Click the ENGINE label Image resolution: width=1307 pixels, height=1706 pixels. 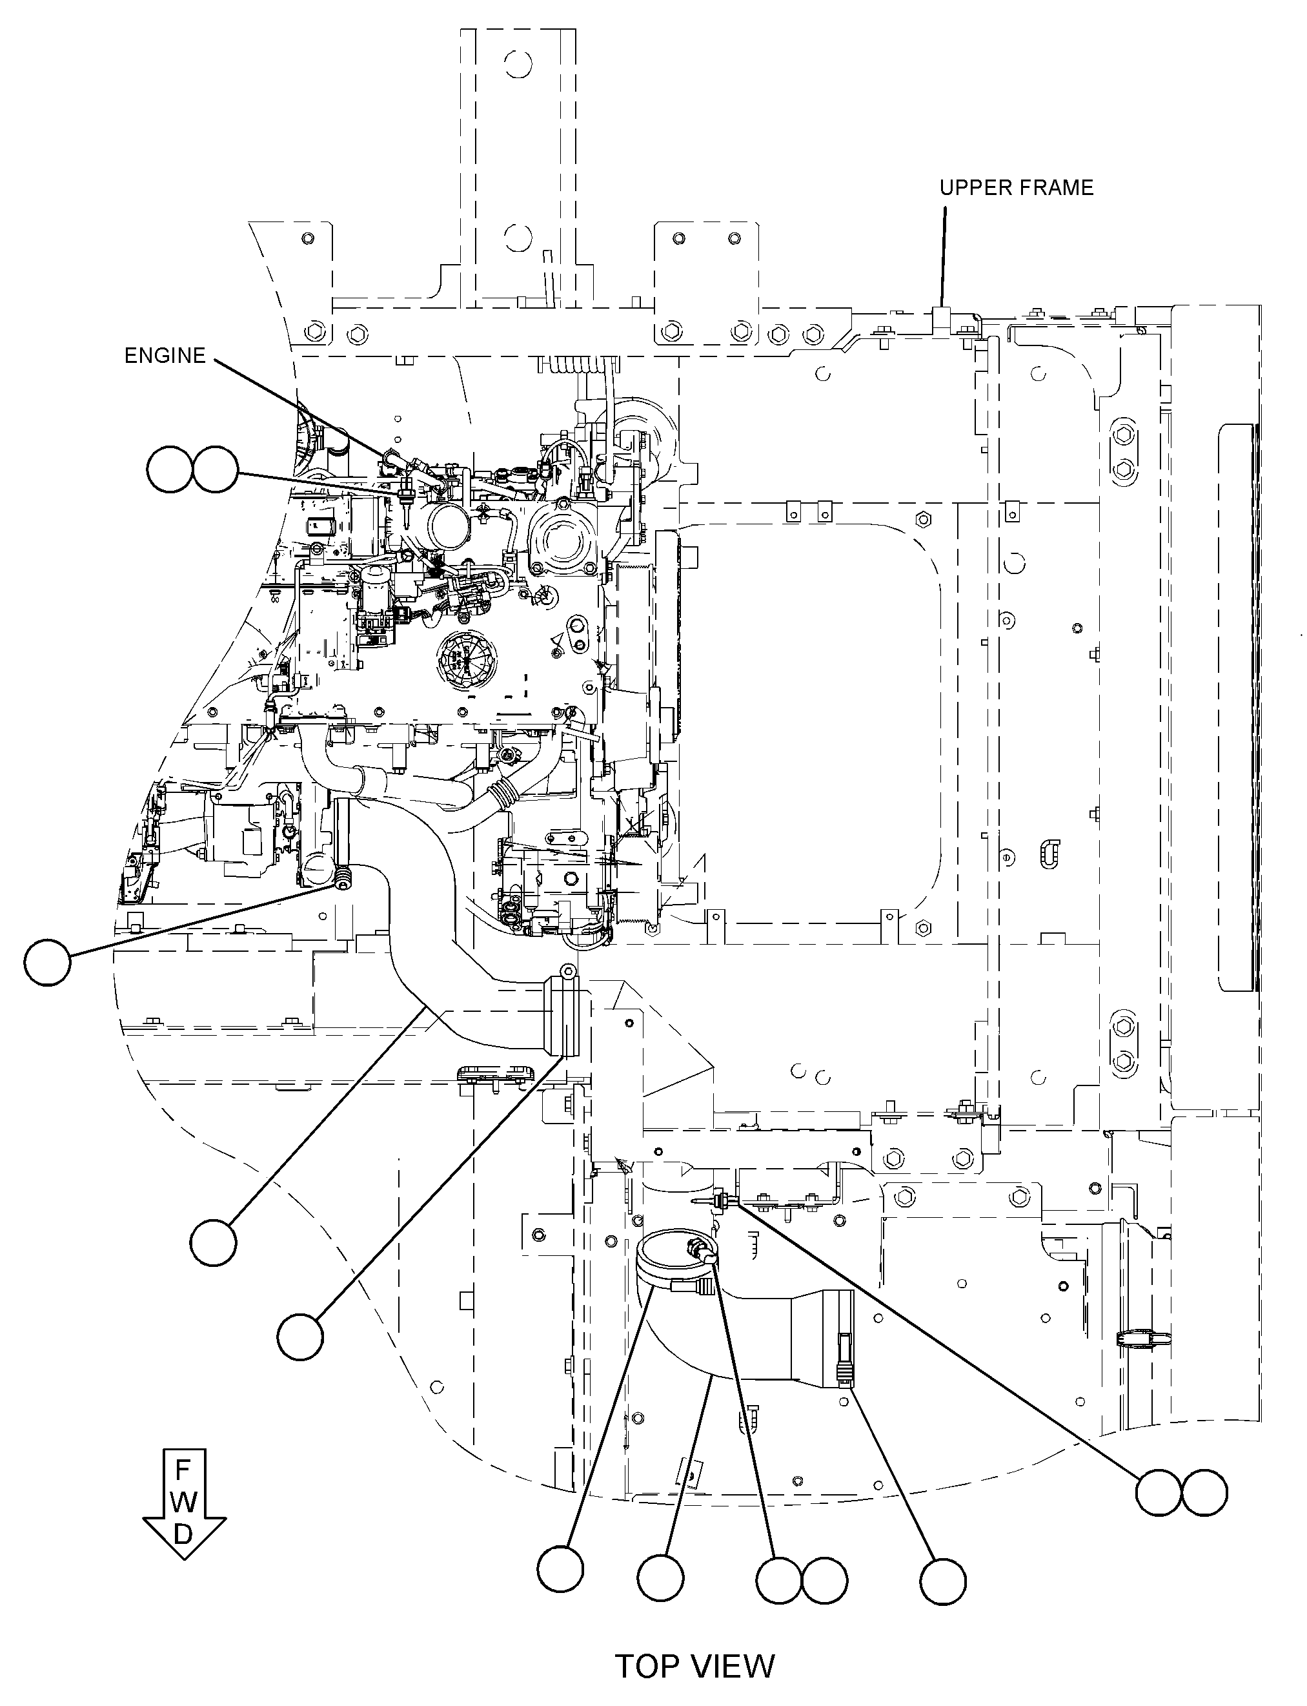click(x=165, y=356)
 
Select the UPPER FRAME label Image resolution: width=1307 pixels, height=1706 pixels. click(x=1016, y=187)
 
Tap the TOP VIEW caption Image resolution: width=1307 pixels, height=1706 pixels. click(x=694, y=1667)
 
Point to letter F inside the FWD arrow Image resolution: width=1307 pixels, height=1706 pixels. click(x=183, y=1470)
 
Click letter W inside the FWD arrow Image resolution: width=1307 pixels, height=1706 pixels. click(x=183, y=1501)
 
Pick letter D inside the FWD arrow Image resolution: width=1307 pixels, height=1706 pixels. click(x=183, y=1534)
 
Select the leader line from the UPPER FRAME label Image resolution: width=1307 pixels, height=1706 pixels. click(x=943, y=256)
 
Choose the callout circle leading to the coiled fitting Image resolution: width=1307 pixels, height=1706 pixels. click(x=48, y=963)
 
